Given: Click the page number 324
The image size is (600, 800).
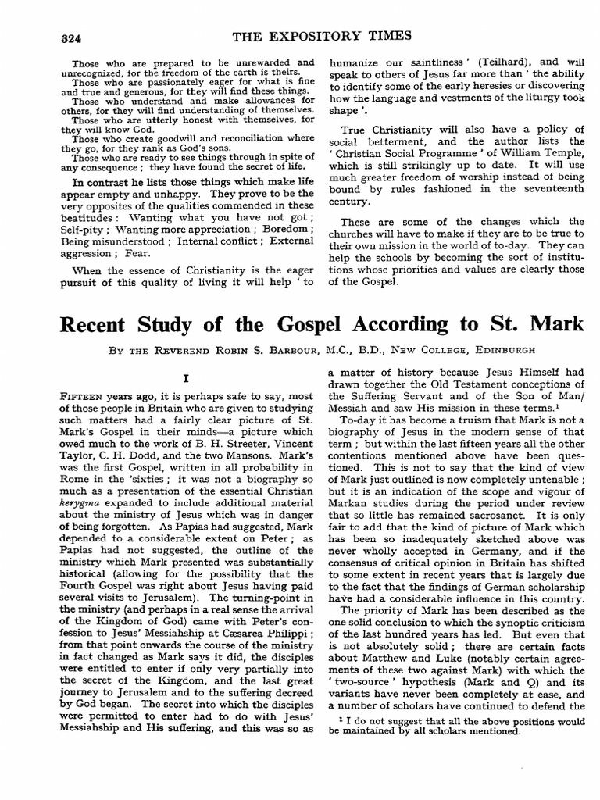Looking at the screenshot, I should click(x=71, y=39).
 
